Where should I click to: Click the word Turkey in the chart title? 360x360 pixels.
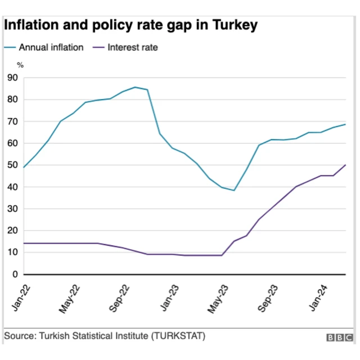point(234,25)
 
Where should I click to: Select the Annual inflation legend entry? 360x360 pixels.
point(51,47)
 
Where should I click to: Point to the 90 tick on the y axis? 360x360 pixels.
point(12,78)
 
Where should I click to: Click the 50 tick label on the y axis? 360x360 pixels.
point(12,165)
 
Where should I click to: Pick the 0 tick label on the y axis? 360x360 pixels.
point(15,274)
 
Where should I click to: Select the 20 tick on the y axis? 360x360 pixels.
point(12,231)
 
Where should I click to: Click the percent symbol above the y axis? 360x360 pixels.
point(20,66)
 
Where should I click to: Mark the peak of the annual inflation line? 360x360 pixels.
point(135,87)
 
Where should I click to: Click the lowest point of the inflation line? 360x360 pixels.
point(233,190)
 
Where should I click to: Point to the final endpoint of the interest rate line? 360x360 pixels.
point(345,165)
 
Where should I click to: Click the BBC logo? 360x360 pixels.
point(339,337)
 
